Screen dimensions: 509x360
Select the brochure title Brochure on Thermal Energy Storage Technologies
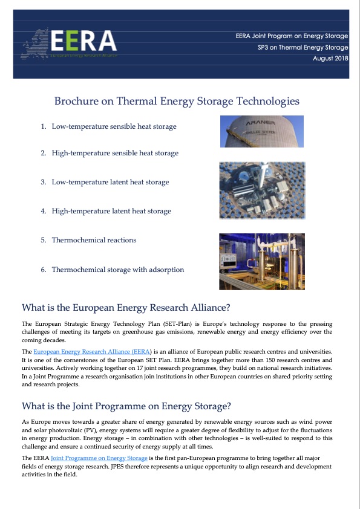(x=177, y=101)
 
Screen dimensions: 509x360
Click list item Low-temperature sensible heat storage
(x=114, y=126)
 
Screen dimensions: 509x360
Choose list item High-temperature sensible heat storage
(x=115, y=153)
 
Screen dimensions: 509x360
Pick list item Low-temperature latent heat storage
(x=110, y=182)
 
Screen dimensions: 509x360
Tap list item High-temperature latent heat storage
(x=111, y=211)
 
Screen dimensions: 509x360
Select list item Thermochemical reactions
(x=94, y=240)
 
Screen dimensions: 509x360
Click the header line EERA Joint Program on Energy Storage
(x=292, y=36)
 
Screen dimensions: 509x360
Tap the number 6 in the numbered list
(x=44, y=270)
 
